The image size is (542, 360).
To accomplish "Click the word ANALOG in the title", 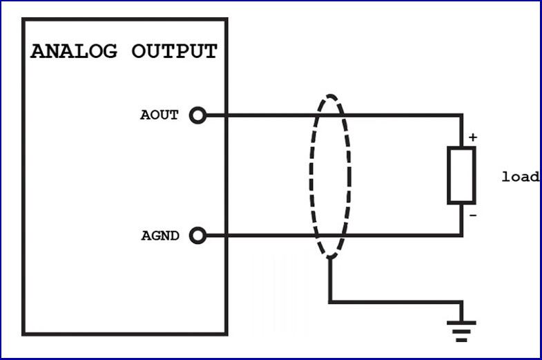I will coord(75,51).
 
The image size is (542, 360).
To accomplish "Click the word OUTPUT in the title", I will coord(174,51).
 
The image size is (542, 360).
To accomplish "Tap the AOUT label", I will coord(159,115).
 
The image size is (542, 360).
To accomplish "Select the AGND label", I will coord(159,236).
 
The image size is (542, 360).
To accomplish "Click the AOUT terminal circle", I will coord(197,115).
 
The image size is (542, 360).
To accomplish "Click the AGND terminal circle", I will coord(197,236).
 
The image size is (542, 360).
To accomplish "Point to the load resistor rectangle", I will coord(461,176).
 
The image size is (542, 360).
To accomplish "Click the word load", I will coord(520,177).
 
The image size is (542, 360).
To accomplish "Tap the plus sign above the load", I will coord(472,138).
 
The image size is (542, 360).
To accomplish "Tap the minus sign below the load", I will coord(472,215).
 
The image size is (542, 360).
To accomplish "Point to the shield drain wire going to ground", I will coord(394,302).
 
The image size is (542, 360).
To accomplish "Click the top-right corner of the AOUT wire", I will coord(462,115).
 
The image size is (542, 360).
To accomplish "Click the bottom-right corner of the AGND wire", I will coord(462,236).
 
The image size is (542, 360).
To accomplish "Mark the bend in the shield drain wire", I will coord(329,302).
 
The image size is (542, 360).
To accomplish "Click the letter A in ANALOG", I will coord(39,51).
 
